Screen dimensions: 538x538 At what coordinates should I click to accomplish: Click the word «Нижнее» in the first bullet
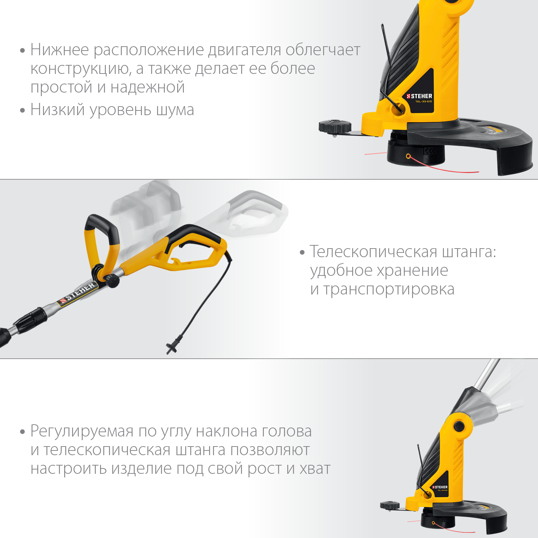click(x=60, y=49)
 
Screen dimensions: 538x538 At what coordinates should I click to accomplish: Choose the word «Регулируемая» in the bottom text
click(x=82, y=431)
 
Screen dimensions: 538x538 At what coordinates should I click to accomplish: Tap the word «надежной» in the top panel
click(x=147, y=88)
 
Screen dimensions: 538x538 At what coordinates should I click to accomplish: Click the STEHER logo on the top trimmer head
click(x=419, y=96)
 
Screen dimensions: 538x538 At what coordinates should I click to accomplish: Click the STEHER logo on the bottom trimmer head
click(x=440, y=487)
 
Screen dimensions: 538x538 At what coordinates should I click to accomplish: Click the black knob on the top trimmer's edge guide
click(x=335, y=126)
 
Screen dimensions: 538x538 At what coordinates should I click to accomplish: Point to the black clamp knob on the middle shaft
click(x=112, y=280)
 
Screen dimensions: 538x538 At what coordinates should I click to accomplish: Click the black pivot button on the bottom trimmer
click(x=459, y=426)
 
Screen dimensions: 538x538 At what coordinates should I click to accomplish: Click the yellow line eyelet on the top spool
click(x=408, y=156)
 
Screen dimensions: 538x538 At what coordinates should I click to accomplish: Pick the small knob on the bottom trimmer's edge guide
click(x=390, y=505)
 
